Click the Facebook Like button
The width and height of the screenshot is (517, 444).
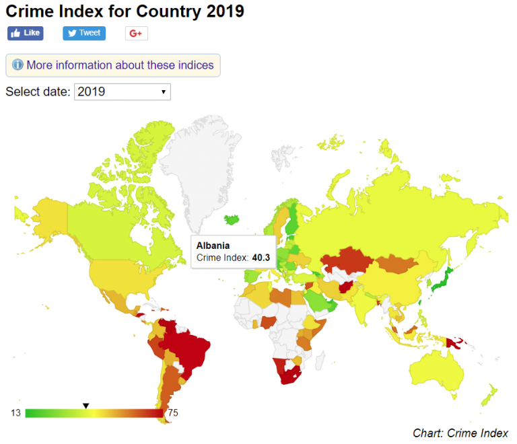[25, 33]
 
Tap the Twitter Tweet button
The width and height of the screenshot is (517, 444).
[84, 33]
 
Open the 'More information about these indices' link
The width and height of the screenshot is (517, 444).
[120, 65]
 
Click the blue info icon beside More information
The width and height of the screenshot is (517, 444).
[18, 65]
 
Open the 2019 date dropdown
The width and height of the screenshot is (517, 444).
[123, 91]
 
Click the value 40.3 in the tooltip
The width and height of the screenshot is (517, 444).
[261, 258]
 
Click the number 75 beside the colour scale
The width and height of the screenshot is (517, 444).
[172, 413]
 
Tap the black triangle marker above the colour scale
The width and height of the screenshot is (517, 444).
[85, 405]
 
